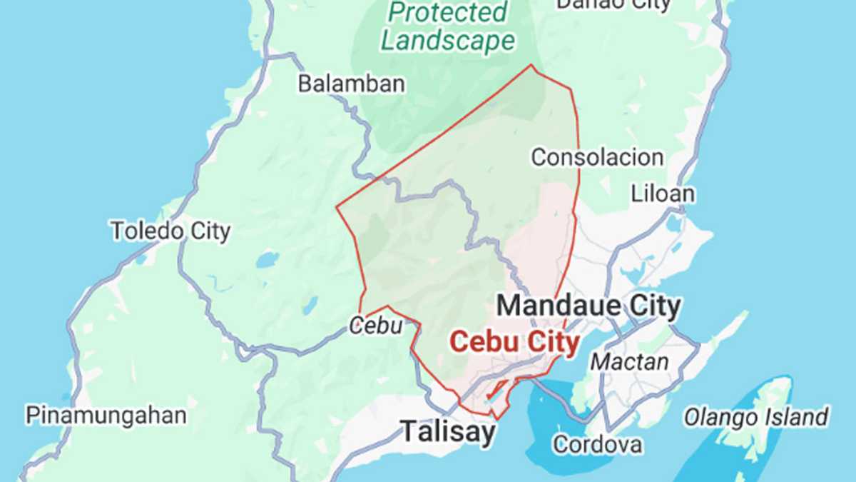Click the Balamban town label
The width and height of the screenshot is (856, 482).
point(351,84)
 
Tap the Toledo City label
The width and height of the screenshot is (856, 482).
point(170,231)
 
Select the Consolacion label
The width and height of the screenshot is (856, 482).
point(597,157)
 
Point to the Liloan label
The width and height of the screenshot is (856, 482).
point(663,194)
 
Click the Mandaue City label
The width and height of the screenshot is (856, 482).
point(588,306)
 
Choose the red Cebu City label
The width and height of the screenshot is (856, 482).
point(514,343)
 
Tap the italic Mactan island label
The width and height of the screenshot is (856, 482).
point(630,361)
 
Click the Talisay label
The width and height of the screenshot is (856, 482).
point(447,431)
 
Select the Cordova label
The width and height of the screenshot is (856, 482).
point(597,444)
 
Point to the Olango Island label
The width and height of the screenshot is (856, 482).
point(756,416)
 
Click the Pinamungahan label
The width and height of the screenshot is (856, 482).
point(106,415)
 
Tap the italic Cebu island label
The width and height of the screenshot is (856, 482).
point(376,326)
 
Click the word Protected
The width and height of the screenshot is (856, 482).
point(449,12)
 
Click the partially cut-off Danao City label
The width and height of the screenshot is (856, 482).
point(613,4)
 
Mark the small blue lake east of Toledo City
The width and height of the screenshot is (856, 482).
point(267,259)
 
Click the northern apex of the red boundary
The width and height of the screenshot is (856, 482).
point(531,66)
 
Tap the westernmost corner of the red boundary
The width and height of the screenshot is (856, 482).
point(336,208)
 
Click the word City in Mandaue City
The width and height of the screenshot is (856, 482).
point(650,306)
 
